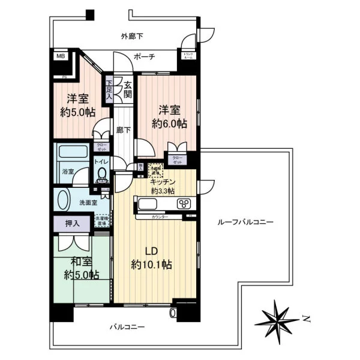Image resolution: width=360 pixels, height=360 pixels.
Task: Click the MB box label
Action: click(61, 57)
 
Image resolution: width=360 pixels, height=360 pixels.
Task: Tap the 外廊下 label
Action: click(131, 37)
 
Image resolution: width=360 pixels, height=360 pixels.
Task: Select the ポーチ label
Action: click(145, 57)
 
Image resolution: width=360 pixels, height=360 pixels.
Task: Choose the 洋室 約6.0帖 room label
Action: click(169, 116)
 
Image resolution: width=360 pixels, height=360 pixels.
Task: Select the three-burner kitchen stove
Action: click(184, 203)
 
